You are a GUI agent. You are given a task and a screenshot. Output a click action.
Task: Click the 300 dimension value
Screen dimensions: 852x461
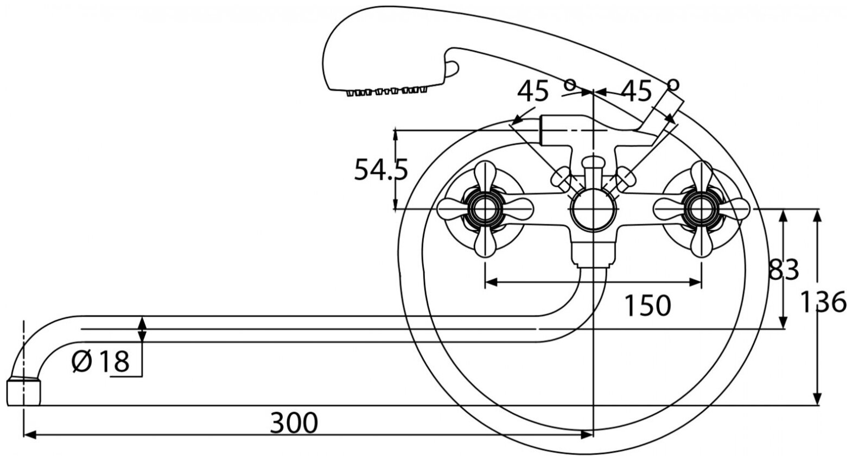point(294,423)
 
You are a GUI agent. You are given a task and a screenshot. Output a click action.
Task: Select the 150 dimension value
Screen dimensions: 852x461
point(647,306)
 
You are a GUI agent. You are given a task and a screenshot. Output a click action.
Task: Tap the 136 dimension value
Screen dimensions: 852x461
point(824,301)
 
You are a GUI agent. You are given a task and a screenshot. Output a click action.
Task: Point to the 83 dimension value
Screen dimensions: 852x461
point(784,269)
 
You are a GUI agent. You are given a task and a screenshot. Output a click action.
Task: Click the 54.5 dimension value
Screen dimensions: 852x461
point(380,169)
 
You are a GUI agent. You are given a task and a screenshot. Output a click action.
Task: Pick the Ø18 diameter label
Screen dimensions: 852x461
point(101,361)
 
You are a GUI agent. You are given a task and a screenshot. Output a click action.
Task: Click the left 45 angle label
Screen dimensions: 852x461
point(533,92)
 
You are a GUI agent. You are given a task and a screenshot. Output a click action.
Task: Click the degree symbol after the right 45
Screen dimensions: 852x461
point(673,84)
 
